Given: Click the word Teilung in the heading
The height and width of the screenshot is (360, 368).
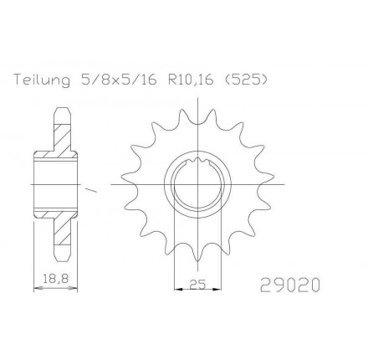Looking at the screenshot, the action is [x=42, y=80].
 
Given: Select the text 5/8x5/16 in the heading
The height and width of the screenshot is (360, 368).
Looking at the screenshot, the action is [x=117, y=80].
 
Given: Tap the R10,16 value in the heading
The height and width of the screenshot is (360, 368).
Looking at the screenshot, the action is [x=191, y=80].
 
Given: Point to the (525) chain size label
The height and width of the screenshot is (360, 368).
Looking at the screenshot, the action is [x=245, y=80].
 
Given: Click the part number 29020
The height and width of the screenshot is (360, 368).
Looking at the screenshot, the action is [x=289, y=285].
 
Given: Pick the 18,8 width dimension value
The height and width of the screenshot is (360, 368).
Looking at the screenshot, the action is [x=56, y=278].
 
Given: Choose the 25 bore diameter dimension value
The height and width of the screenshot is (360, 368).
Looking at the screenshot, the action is [x=197, y=284].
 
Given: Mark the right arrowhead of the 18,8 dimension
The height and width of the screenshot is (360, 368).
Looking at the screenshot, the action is [x=73, y=288].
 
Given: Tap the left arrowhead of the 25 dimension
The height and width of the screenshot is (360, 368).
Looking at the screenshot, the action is [x=179, y=289].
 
